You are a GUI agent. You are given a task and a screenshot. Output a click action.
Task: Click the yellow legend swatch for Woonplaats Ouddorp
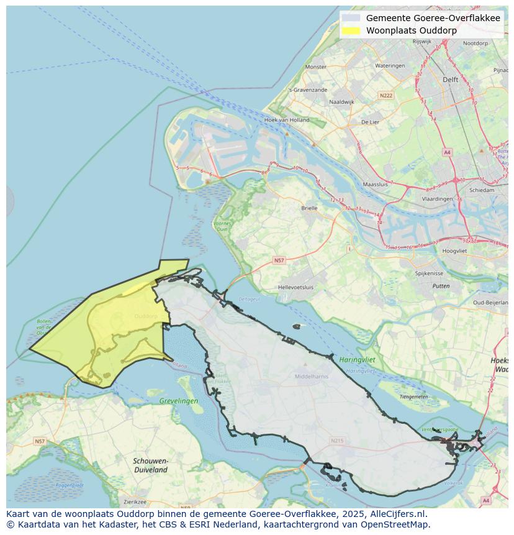[351, 30]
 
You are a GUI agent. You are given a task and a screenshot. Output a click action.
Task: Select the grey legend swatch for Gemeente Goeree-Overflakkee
[351, 18]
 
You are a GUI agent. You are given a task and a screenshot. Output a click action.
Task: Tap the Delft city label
[450, 80]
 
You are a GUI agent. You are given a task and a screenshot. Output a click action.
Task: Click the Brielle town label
[309, 208]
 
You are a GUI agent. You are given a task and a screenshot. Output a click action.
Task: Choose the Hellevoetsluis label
[296, 288]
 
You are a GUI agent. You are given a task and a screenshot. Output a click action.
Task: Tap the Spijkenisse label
[429, 273]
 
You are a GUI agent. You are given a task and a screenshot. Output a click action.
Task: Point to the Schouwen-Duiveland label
[150, 465]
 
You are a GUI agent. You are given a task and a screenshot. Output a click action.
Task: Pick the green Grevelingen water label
[179, 401]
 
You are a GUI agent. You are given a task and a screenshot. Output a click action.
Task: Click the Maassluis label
[375, 185]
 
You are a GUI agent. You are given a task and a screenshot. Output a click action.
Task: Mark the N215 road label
[337, 441]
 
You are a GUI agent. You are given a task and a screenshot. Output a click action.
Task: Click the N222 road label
[386, 95]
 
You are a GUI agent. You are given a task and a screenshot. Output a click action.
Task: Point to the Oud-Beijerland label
[490, 303]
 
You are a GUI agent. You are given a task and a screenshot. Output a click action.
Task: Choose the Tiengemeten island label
[415, 396]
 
